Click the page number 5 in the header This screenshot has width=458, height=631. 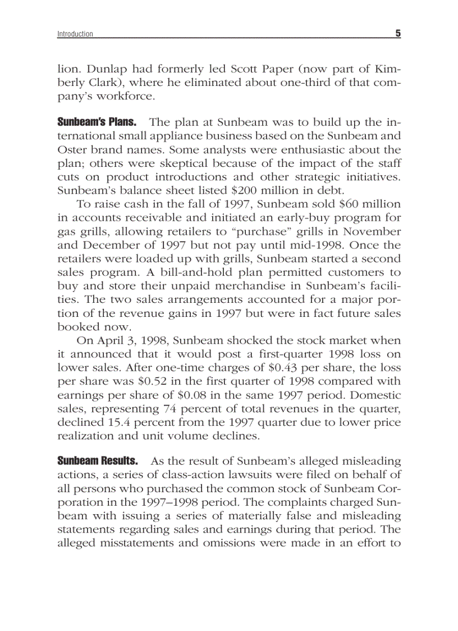tap(397, 34)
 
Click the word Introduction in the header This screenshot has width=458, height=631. tap(75, 34)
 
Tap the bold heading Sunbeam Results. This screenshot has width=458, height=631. tap(98, 461)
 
